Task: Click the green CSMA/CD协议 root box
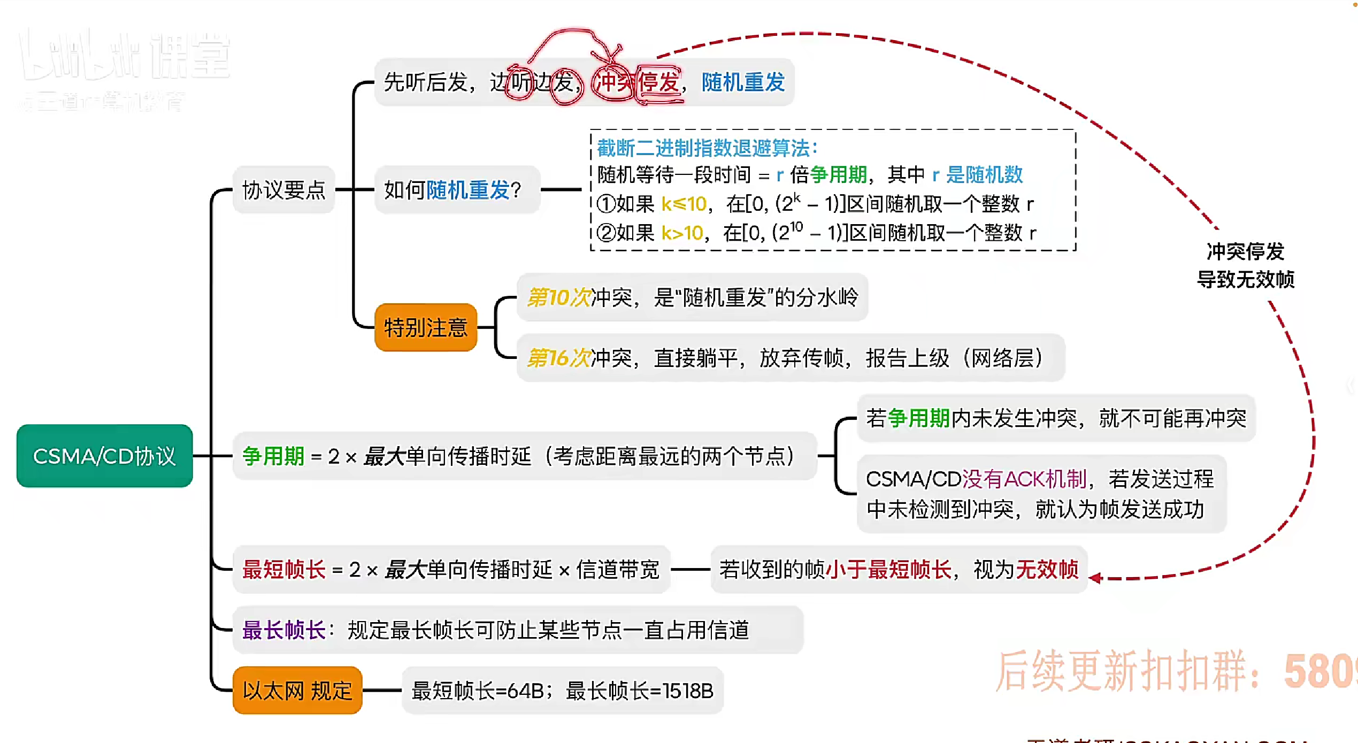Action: tap(104, 456)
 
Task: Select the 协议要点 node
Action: tap(283, 190)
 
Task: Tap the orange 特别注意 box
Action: tap(426, 327)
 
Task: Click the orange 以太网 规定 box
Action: tap(297, 691)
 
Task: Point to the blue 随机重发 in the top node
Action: tap(743, 82)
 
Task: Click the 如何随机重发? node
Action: tap(452, 190)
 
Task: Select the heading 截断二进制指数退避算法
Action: tap(706, 148)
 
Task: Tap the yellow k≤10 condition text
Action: tap(684, 204)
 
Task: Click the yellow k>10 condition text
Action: tap(682, 233)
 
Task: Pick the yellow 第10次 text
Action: tap(558, 297)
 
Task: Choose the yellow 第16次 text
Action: tap(558, 358)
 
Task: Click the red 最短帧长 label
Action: tap(283, 570)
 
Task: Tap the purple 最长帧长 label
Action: tap(283, 630)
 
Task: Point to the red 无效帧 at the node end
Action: tap(1047, 570)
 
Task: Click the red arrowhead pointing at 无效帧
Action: tap(1095, 578)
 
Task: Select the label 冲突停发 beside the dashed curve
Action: tap(1245, 251)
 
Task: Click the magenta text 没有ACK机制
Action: tap(1024, 479)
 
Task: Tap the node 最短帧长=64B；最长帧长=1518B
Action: tap(562, 691)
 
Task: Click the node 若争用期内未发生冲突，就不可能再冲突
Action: tap(1056, 418)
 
